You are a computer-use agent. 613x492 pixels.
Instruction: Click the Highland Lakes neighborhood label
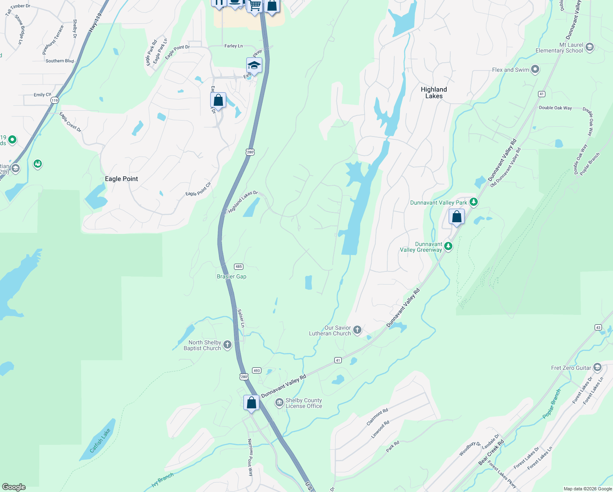click(x=434, y=93)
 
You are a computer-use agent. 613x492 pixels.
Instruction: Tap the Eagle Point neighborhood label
click(x=121, y=179)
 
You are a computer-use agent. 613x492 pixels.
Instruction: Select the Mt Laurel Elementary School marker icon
click(x=590, y=47)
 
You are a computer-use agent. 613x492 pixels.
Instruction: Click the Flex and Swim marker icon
click(x=535, y=70)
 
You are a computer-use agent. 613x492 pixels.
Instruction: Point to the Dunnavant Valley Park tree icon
click(x=474, y=202)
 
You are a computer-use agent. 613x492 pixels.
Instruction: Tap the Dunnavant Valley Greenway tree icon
click(x=448, y=246)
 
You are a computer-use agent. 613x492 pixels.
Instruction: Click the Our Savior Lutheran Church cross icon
click(x=357, y=330)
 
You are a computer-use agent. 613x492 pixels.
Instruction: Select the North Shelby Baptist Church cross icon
click(x=227, y=345)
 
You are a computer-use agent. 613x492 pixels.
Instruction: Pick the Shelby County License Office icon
click(x=279, y=403)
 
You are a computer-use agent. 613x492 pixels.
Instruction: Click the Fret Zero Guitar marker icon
click(x=597, y=367)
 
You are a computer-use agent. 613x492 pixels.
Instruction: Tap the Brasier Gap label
click(x=232, y=277)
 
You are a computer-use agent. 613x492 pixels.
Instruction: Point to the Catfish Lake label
click(x=100, y=440)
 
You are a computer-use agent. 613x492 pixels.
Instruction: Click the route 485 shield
click(x=239, y=266)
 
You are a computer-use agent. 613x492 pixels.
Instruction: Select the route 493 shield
click(x=257, y=370)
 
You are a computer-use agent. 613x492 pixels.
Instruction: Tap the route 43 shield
click(x=598, y=327)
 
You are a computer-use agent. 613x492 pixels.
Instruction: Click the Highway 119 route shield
click(x=54, y=100)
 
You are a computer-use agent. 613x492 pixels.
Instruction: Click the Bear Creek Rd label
click(x=491, y=453)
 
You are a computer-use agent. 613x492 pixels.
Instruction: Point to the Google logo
click(x=14, y=487)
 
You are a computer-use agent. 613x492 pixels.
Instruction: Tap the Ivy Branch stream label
click(x=163, y=480)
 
